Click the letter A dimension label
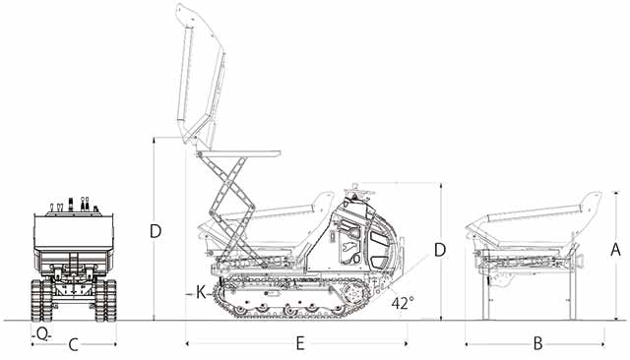coord(615,250)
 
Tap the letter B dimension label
coord(537,343)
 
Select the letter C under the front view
coord(73,344)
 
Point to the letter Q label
coord(41,333)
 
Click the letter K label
coord(201,293)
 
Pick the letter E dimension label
coord(299,343)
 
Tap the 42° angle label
coord(403,303)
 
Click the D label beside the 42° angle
coord(440,250)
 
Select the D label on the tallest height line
coord(156,231)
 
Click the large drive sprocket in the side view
coord(354,293)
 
